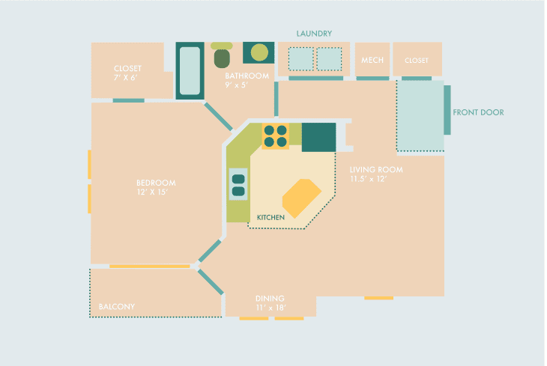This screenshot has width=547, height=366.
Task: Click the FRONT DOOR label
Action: [x=478, y=112]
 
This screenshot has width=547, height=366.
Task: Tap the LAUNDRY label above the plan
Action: [x=314, y=34]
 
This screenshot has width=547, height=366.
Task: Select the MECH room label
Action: [x=372, y=60]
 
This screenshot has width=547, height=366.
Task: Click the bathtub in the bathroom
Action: [x=190, y=71]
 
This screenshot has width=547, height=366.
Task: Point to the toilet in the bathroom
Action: [x=222, y=55]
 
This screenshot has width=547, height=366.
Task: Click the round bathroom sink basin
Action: [x=259, y=52]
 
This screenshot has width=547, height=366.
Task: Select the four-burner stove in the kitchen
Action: [x=275, y=136]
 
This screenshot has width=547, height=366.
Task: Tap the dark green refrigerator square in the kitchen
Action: [x=319, y=137]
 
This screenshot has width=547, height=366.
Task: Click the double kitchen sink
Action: [x=238, y=184]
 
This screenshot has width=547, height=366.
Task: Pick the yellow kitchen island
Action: [x=302, y=198]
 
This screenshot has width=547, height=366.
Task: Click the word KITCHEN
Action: [x=271, y=218]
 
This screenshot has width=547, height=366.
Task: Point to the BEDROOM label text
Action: [x=156, y=183]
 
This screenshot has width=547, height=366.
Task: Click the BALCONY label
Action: [x=116, y=307]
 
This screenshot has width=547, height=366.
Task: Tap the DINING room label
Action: [x=270, y=299]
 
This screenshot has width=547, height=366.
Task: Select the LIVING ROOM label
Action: [x=376, y=170]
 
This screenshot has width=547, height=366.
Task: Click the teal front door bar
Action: [x=447, y=110]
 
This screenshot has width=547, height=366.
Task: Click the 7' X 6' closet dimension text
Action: [x=125, y=78]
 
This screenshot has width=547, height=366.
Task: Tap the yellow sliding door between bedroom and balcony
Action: [x=150, y=266]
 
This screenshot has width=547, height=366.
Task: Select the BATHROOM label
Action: [x=247, y=76]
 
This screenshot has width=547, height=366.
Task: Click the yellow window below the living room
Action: [x=379, y=298]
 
